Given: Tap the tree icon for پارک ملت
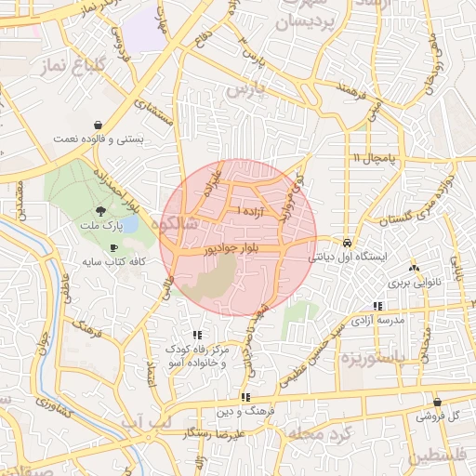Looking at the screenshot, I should (x=100, y=211).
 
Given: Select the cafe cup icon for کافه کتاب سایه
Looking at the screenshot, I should (x=113, y=247).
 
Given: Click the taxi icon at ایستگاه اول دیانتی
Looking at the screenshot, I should (x=347, y=238).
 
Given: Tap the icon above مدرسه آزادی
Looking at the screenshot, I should (x=377, y=306).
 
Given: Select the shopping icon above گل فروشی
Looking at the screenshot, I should (x=452, y=402).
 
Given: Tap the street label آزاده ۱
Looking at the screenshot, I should (x=252, y=212).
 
